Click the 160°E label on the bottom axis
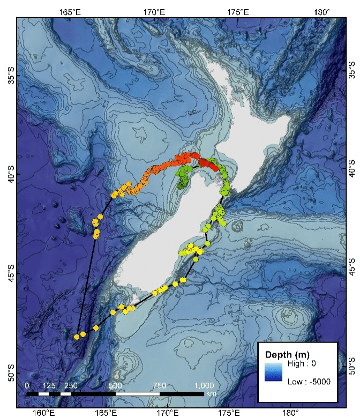point(43,412)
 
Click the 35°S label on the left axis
point(9,76)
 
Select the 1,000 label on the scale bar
point(204,385)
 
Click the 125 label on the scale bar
point(49,385)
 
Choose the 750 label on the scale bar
point(160,385)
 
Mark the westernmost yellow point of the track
point(77,337)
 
